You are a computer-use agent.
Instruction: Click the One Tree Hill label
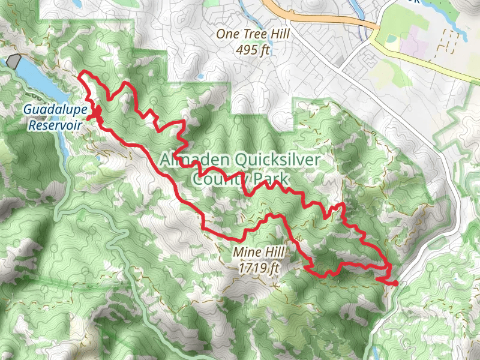(x=253, y=35)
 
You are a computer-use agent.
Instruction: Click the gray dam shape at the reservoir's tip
(x=14, y=60)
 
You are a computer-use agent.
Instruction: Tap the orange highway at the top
(x=318, y=17)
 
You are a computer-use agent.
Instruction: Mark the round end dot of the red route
(x=395, y=283)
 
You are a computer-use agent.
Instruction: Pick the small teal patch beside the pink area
(x=393, y=38)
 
